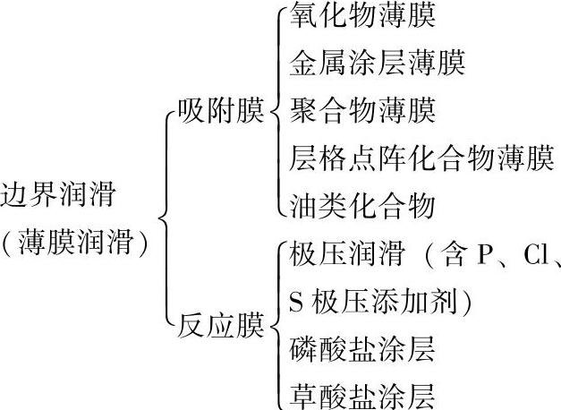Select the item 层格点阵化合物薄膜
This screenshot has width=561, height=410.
click(x=421, y=159)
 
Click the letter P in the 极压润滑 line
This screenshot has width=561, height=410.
click(x=485, y=255)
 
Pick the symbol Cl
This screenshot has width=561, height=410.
click(x=535, y=255)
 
